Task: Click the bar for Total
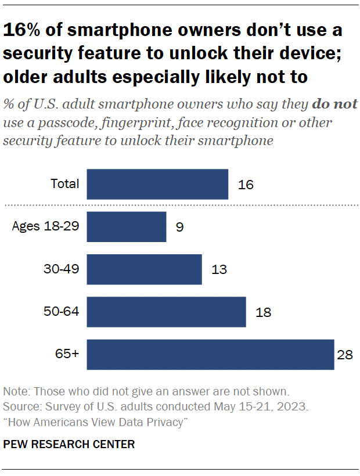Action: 157,185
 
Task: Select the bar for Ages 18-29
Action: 127,227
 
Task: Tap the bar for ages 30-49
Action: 144,269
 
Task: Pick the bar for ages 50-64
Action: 166,312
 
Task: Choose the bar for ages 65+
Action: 210,354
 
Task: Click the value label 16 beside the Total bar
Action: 246,185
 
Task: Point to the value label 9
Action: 180,228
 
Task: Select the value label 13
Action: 219,270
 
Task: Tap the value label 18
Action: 263,312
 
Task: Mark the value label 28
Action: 345,355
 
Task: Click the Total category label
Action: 64,184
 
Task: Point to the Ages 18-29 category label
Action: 45,226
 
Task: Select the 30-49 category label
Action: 60,269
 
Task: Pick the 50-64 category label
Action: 60,311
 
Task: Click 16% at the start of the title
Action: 21,30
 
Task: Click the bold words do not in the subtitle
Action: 335,106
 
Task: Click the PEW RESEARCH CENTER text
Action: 69,445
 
